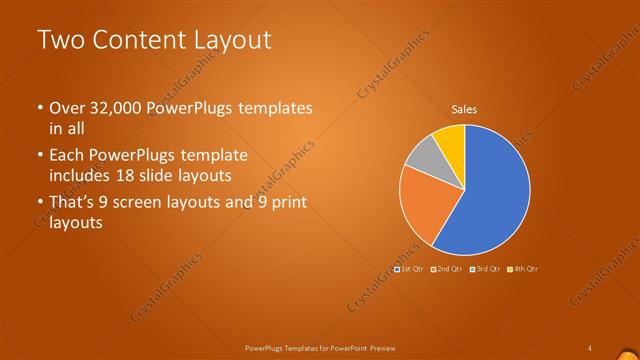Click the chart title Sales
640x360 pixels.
[x=463, y=110]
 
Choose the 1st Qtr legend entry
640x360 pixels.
[x=410, y=268]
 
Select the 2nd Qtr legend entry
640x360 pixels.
[x=447, y=268]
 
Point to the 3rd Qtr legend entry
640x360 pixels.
[x=485, y=268]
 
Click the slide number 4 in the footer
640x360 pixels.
[x=590, y=347]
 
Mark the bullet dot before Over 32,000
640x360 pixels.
[x=40, y=108]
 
